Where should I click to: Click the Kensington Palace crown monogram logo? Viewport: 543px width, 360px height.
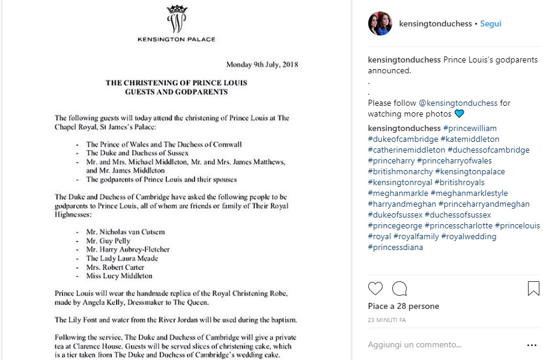click(x=176, y=19)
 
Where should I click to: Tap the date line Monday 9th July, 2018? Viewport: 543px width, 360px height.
click(x=262, y=64)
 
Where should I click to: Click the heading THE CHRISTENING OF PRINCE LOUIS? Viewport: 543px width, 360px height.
click(x=177, y=83)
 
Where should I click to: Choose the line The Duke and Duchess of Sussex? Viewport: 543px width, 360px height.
click(x=137, y=153)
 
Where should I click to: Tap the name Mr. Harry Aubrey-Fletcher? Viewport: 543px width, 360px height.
click(x=128, y=249)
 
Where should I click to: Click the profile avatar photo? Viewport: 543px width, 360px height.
click(x=380, y=24)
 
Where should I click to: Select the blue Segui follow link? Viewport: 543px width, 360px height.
click(x=490, y=24)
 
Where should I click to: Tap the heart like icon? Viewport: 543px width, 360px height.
click(x=375, y=288)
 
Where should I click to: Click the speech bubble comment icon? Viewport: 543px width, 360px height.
click(x=399, y=288)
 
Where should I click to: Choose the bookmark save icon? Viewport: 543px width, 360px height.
click(x=533, y=288)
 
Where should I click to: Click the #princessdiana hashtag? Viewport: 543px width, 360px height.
click(x=396, y=247)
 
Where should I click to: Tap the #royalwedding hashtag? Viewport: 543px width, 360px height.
click(x=469, y=236)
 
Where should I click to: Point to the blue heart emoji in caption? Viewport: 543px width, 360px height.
click(x=460, y=114)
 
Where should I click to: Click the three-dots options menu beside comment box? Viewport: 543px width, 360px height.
click(x=532, y=345)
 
